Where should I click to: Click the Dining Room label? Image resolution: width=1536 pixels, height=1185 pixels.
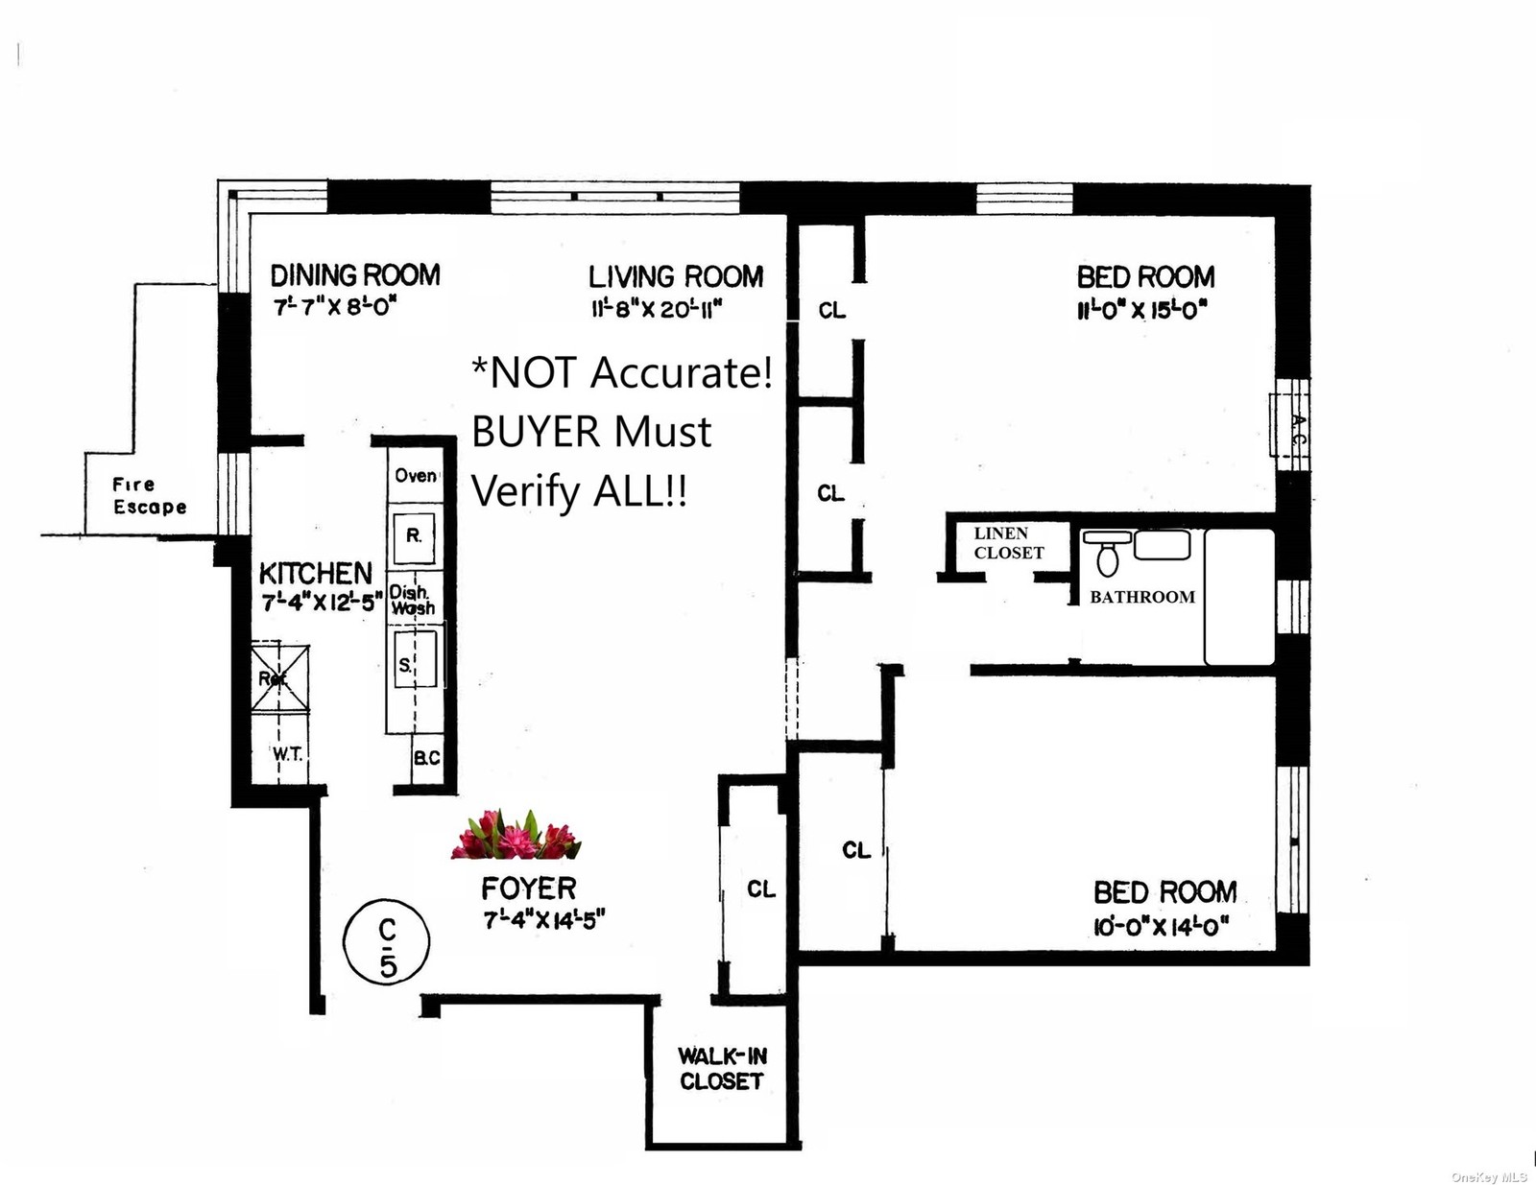pyautogui.click(x=354, y=276)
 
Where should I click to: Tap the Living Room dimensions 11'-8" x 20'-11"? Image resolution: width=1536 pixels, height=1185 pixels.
pyautogui.click(x=657, y=309)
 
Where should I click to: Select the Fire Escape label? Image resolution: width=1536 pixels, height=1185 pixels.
pyautogui.click(x=150, y=496)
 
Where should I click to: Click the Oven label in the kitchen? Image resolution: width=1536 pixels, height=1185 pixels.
pyautogui.click(x=416, y=476)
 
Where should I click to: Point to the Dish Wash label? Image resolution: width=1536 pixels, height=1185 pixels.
pyautogui.click(x=412, y=601)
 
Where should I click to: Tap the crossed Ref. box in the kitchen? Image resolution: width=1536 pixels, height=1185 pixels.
pyautogui.click(x=280, y=677)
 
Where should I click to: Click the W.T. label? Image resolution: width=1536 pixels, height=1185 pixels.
pyautogui.click(x=287, y=754)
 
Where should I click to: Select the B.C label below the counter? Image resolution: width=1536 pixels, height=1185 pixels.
pyautogui.click(x=427, y=758)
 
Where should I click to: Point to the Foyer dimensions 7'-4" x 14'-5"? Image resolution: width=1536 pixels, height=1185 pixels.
pyautogui.click(x=543, y=920)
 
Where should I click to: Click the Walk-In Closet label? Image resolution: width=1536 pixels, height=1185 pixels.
pyautogui.click(x=722, y=1068)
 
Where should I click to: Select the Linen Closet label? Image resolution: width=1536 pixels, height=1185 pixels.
pyautogui.click(x=1008, y=543)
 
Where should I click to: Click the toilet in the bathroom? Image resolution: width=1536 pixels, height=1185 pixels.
pyautogui.click(x=1107, y=555)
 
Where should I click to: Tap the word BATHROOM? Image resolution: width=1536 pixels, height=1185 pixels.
pyautogui.click(x=1142, y=597)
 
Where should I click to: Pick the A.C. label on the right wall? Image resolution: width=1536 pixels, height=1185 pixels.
pyautogui.click(x=1296, y=426)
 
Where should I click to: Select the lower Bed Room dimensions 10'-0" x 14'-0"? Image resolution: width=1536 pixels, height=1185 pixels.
pyautogui.click(x=1162, y=927)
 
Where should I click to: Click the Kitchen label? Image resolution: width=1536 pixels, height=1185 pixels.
pyautogui.click(x=315, y=573)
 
